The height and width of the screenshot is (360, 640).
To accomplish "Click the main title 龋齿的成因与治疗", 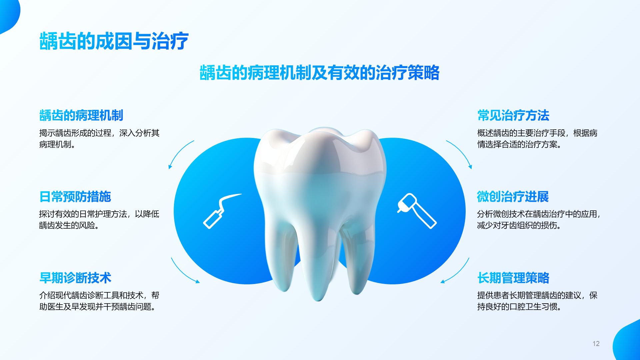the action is (x=114, y=41).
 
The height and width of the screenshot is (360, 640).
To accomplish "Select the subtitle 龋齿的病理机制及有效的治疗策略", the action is (x=320, y=73).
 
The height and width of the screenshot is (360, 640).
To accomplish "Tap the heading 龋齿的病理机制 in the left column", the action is (x=81, y=115).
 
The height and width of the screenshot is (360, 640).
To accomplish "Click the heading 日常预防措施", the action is (x=75, y=197).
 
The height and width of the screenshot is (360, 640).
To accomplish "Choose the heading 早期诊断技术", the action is (x=75, y=278).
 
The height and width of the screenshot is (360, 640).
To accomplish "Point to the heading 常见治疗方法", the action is (x=513, y=115).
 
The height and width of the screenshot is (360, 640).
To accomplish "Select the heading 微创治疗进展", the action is (x=513, y=197).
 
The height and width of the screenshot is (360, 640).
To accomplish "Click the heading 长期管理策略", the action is (x=513, y=278).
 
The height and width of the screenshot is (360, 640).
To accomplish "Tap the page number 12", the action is (x=596, y=344).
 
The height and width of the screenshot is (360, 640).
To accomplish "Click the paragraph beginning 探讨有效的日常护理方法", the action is (x=99, y=220).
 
